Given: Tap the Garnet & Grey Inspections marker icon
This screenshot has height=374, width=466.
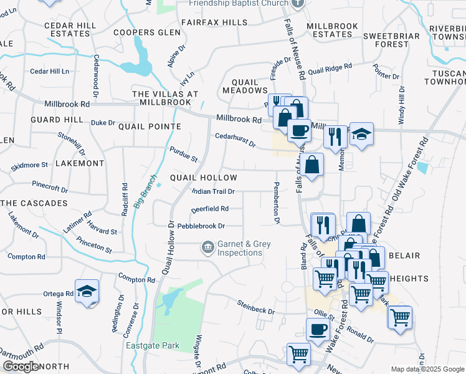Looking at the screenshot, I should tap(207, 248).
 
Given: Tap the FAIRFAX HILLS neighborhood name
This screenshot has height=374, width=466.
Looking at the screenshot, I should tap(214, 22).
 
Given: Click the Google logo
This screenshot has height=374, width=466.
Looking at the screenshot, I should tap(21, 366).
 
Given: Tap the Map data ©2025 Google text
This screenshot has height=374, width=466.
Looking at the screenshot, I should tap(427, 369).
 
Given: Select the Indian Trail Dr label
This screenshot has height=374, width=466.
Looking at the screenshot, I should tap(213, 192).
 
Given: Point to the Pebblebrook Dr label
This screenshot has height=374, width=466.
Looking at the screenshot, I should tap(201, 226).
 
